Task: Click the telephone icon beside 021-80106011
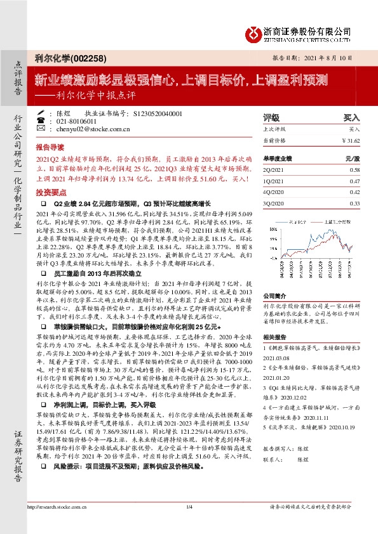coord(41,120)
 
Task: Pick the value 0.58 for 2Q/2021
coord(354,171)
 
